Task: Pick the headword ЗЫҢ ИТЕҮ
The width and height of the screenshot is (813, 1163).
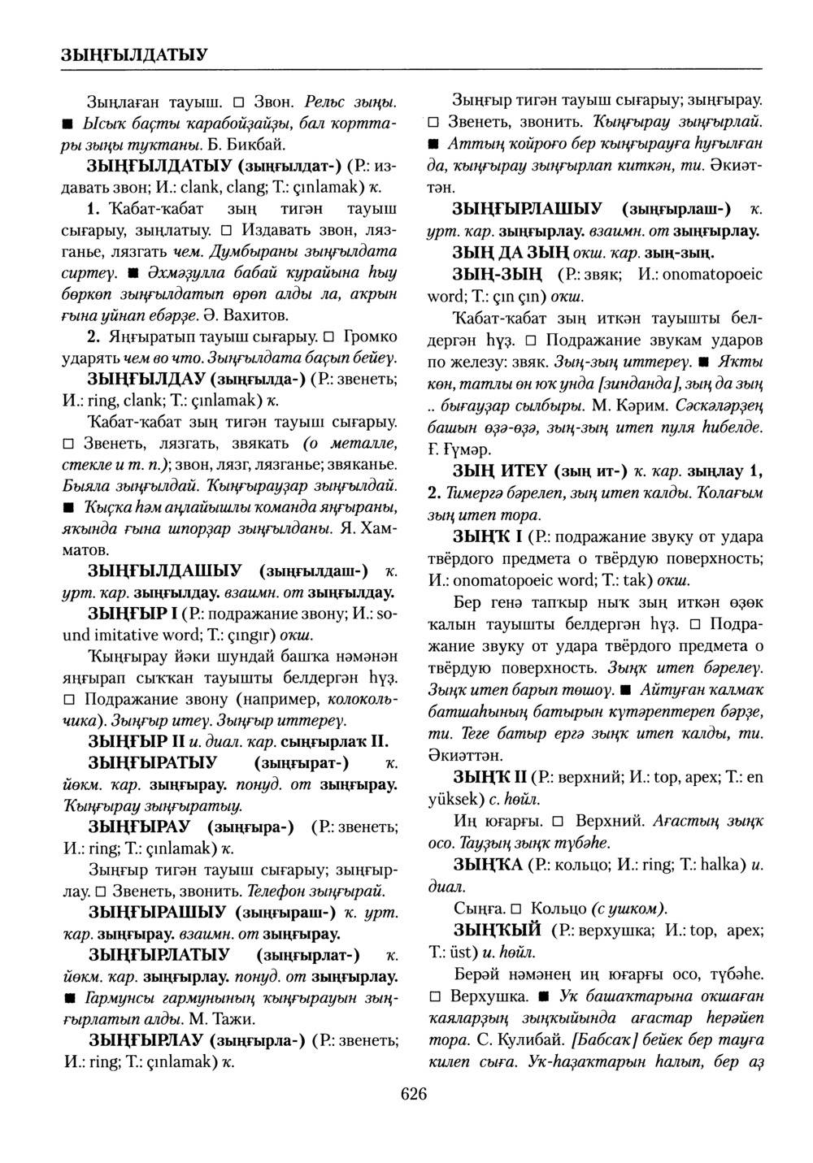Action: coord(500,471)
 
